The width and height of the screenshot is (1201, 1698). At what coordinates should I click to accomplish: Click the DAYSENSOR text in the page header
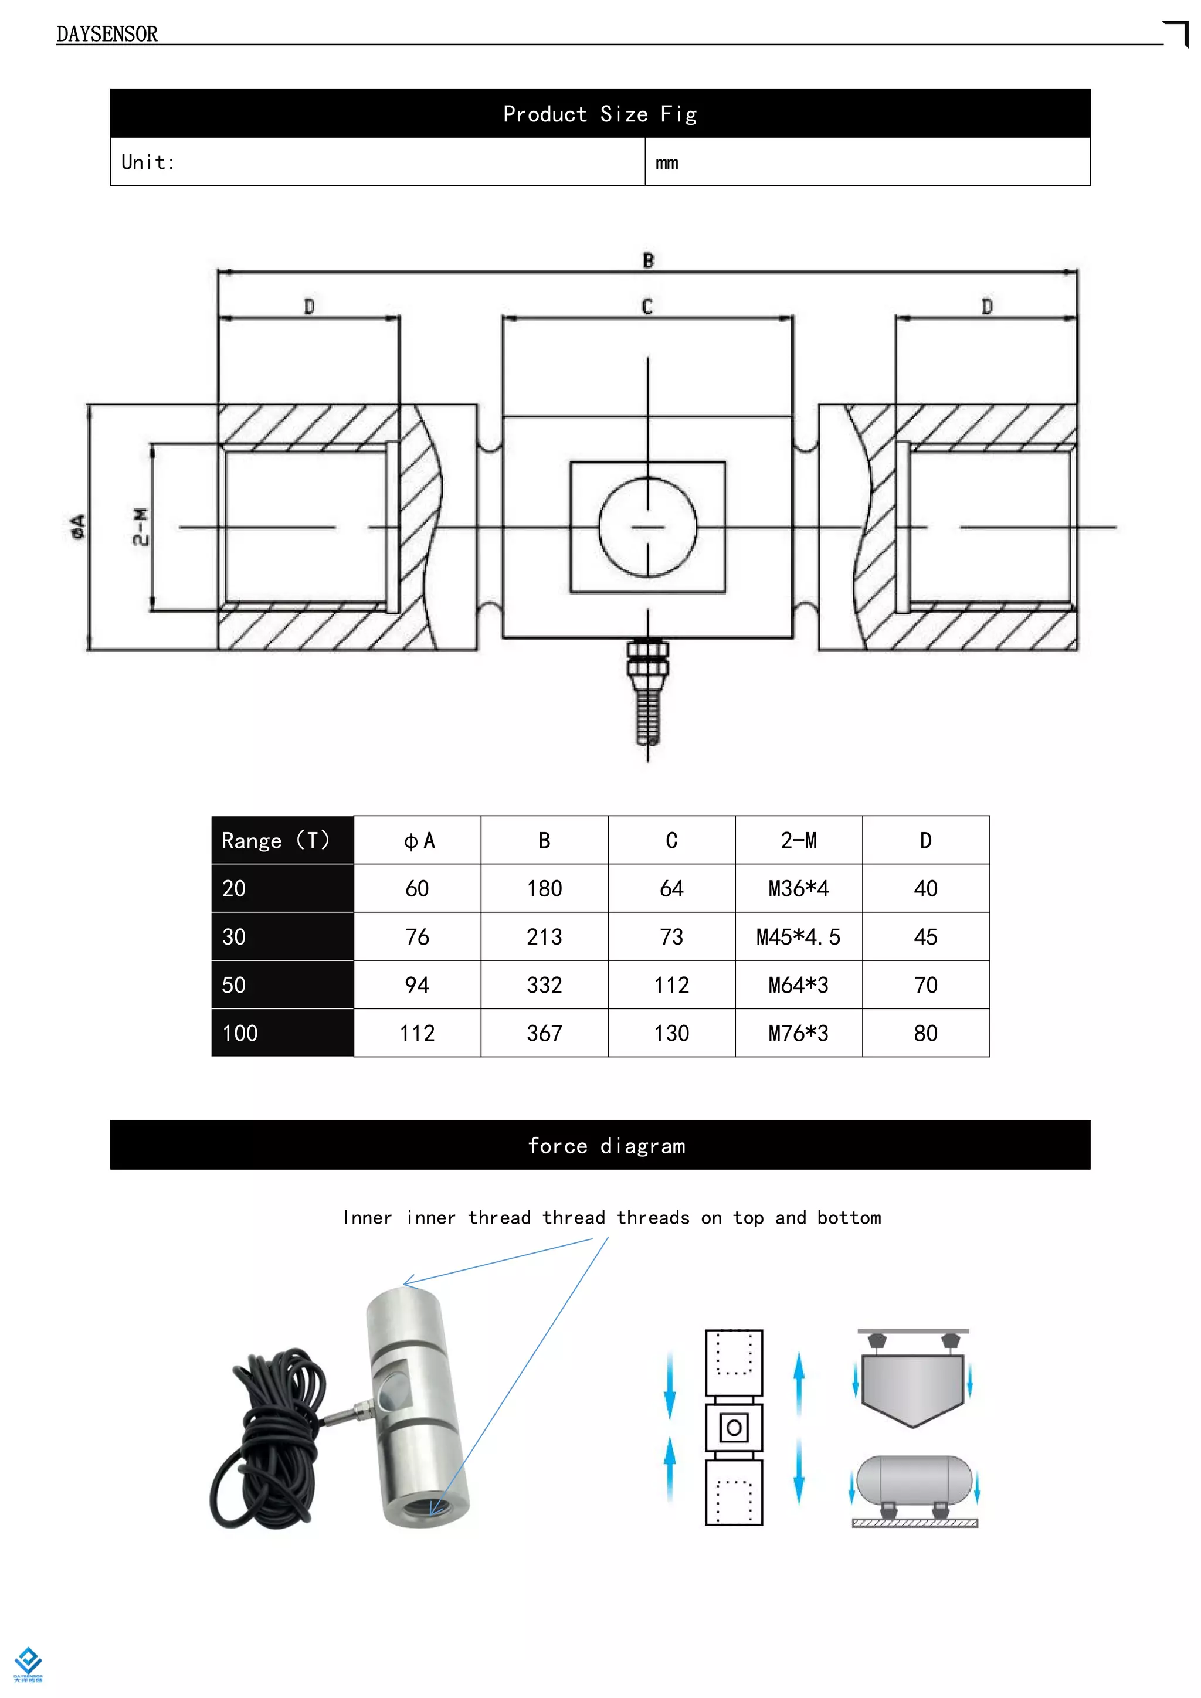click(107, 34)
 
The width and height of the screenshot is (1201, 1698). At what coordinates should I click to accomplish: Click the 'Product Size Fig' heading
click(600, 114)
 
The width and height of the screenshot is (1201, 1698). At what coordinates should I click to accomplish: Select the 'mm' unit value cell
click(666, 162)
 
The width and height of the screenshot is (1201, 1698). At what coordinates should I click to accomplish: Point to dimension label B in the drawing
click(648, 260)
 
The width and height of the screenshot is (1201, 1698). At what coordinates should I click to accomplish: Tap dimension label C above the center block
click(647, 306)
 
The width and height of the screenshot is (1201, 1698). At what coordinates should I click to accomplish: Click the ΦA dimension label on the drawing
click(77, 527)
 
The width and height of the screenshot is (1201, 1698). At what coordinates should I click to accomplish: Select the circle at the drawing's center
click(648, 527)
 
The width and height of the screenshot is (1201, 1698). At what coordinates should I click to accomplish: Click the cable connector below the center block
click(648, 691)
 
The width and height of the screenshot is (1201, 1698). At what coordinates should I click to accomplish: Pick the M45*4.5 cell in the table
click(798, 937)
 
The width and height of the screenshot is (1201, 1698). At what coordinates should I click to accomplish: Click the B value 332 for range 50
click(544, 985)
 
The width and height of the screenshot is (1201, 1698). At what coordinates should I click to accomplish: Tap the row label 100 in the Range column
click(240, 1033)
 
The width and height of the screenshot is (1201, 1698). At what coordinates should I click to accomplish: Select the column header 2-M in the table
click(798, 841)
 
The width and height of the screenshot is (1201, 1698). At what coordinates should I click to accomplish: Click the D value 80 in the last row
click(925, 1033)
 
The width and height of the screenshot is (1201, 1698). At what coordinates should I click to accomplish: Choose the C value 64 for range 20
click(671, 889)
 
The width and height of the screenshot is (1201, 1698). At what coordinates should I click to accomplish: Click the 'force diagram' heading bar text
click(606, 1146)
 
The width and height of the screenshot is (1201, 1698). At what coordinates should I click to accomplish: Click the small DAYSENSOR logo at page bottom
click(28, 1664)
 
